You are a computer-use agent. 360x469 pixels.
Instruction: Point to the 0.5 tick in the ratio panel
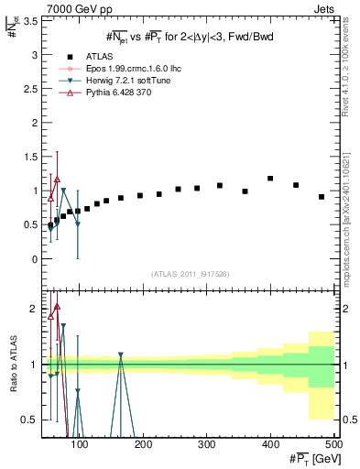coord(27,420)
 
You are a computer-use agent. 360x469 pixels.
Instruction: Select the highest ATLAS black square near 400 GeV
coord(270,179)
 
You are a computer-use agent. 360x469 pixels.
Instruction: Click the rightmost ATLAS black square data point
coord(322,197)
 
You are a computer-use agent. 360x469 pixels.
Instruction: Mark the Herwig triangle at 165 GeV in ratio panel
coord(121,354)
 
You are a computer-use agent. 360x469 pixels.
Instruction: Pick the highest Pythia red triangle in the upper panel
coord(57,180)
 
